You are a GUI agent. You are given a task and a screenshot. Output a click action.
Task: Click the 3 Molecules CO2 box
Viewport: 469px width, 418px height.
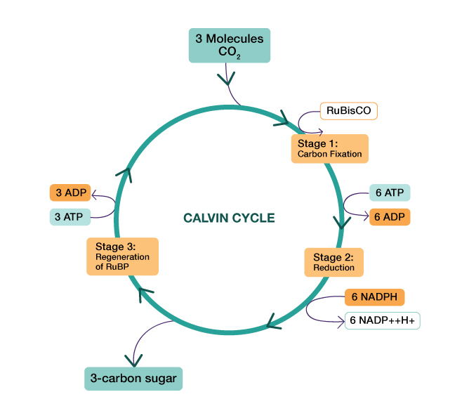tap(230, 46)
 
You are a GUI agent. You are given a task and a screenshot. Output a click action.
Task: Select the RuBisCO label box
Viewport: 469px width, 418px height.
tap(349, 110)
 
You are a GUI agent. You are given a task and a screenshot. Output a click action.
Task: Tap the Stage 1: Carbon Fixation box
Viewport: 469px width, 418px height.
tap(329, 148)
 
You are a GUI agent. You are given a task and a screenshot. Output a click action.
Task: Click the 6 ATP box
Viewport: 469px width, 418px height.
tap(389, 192)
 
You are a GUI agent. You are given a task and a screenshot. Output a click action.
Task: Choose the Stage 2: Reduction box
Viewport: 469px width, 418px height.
tap(333, 261)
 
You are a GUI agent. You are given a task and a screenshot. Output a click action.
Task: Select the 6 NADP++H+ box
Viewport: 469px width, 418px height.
tap(383, 320)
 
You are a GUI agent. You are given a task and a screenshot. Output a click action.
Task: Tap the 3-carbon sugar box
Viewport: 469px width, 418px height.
tap(133, 379)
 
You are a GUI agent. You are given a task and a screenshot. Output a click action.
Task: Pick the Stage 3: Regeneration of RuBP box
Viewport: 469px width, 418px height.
tap(123, 256)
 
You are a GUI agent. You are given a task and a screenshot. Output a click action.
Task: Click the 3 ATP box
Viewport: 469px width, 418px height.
tap(70, 216)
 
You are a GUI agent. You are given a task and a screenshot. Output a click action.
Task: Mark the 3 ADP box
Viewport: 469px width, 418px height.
tap(70, 192)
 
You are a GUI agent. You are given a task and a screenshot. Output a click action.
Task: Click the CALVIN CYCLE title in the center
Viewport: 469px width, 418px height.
tap(229, 218)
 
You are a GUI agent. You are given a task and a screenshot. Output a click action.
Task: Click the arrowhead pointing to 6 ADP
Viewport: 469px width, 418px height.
tap(364, 217)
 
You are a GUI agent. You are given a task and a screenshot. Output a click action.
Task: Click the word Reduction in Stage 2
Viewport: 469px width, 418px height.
tap(333, 268)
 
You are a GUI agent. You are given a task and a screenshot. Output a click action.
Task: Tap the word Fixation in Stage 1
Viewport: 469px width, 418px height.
tap(346, 153)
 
